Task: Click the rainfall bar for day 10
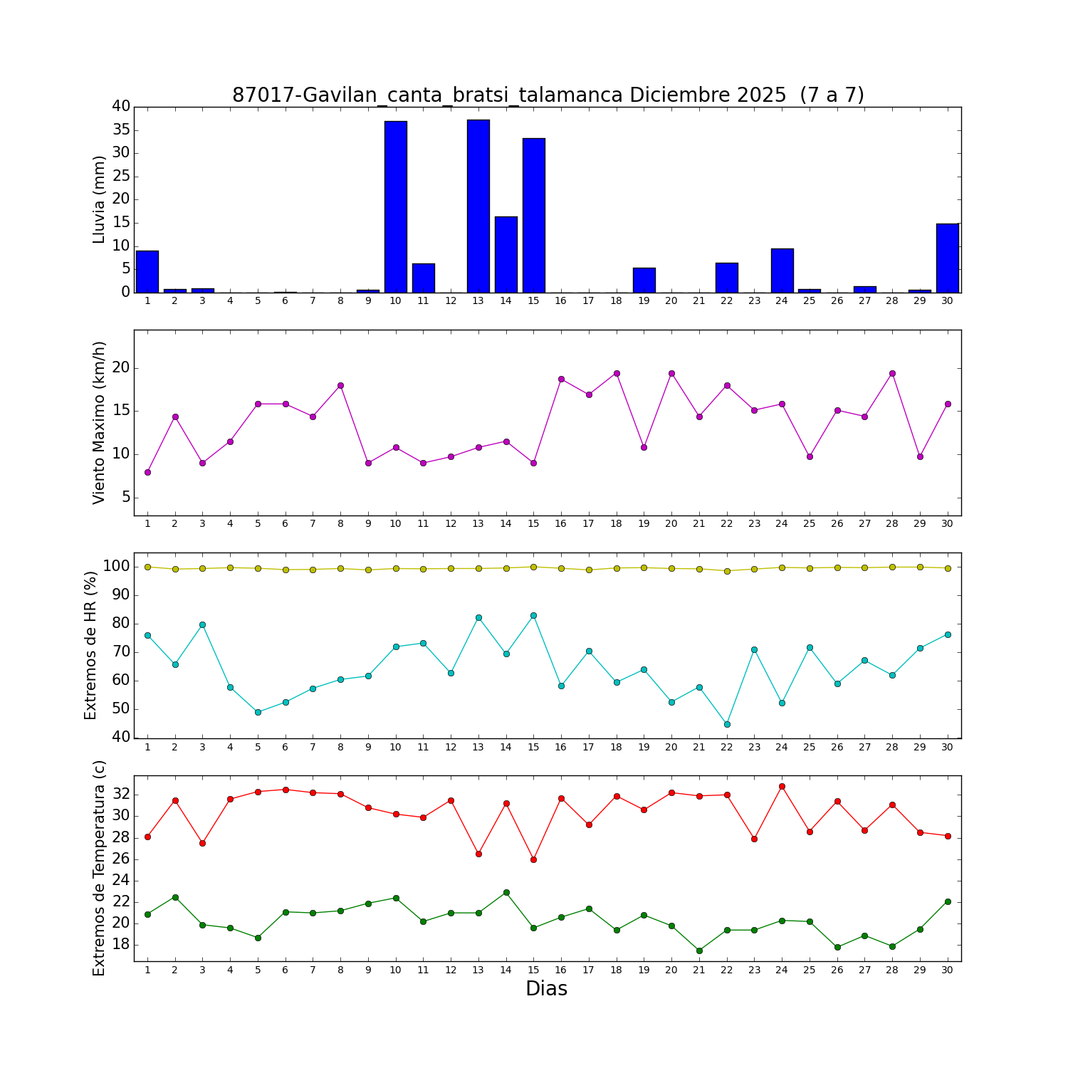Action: pyautogui.click(x=395, y=206)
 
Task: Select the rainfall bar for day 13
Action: pyautogui.click(x=478, y=206)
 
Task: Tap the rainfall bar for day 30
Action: pyautogui.click(x=947, y=258)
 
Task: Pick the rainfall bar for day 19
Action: pyautogui.click(x=644, y=280)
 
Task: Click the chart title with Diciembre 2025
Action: pyautogui.click(x=548, y=95)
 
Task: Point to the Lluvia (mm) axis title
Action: pyautogui.click(x=99, y=199)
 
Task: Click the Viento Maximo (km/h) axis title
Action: pyautogui.click(x=99, y=422)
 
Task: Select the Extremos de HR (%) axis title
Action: pyautogui.click(x=90, y=645)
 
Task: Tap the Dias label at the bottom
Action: pyautogui.click(x=546, y=988)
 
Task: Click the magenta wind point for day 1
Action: pyautogui.click(x=147, y=472)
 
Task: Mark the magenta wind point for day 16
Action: pyautogui.click(x=561, y=379)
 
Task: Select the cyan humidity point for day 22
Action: pyautogui.click(x=727, y=724)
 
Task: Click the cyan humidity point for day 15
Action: pyautogui.click(x=533, y=615)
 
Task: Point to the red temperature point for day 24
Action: pyautogui.click(x=782, y=786)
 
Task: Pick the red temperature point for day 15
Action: pyautogui.click(x=533, y=859)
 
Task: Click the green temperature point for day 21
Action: pyautogui.click(x=699, y=951)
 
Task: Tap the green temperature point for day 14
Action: pyautogui.click(x=506, y=892)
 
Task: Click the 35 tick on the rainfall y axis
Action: pyautogui.click(x=120, y=130)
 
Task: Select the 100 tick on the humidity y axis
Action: pyautogui.click(x=117, y=567)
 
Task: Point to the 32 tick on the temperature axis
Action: pyautogui.click(x=120, y=794)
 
